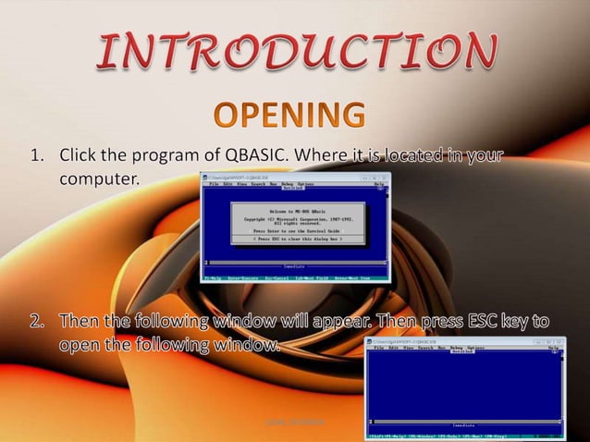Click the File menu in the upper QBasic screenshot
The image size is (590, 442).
point(214,184)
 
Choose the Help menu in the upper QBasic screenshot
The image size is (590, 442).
point(378,184)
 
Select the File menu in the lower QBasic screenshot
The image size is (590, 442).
point(378,348)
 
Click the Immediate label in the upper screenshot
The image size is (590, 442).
point(296,266)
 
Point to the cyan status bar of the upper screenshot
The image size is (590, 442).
point(296,276)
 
